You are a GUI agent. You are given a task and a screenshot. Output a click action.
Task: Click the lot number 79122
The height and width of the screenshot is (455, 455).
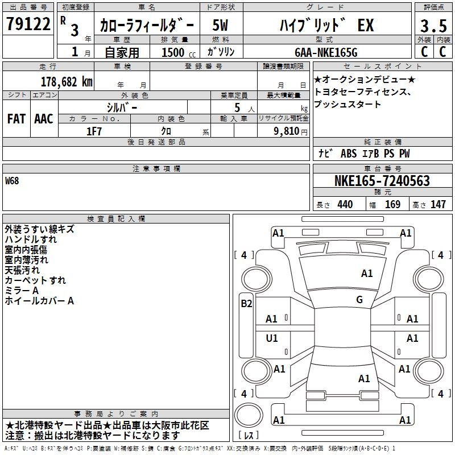coord(28,24)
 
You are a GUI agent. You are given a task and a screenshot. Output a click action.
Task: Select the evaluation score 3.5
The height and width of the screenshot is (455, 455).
coord(433,26)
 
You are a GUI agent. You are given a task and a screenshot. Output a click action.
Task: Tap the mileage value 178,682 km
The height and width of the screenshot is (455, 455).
coord(67,82)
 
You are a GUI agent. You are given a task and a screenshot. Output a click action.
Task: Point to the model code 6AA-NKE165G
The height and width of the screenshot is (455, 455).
coord(326,52)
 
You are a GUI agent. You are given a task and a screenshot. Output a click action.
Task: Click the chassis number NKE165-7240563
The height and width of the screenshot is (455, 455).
coord(382,181)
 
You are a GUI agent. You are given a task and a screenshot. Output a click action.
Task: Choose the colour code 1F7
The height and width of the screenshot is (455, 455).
coord(94,131)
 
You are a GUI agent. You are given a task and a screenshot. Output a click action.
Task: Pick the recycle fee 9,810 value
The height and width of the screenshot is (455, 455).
coord(287,131)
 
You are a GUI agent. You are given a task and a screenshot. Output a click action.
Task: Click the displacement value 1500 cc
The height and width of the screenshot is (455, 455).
coord(179,52)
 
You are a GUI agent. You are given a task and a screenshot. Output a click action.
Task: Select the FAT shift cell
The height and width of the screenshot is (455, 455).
coord(16,119)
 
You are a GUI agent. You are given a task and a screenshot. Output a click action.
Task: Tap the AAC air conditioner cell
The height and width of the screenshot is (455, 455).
coord(44,119)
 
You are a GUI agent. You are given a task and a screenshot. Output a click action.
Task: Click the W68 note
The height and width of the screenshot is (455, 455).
coord(12,181)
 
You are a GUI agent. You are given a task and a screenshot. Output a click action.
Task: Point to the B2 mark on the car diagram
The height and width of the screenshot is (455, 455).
coord(246,304)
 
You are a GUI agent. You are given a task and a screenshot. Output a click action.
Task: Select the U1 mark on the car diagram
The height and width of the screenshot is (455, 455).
coord(272,338)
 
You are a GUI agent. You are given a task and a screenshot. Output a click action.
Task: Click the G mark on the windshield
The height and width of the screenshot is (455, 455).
coord(359,300)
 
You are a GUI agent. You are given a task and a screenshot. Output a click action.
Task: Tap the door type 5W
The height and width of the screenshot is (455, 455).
coord(220,25)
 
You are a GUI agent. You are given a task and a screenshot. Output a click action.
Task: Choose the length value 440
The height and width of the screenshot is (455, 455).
coord(345,204)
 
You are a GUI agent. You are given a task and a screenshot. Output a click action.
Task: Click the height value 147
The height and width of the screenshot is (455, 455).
coord(438,204)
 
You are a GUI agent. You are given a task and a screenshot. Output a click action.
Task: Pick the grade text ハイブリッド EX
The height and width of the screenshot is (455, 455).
coord(326,25)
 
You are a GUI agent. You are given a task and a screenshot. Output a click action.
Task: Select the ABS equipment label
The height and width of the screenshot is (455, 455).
coord(349,154)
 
